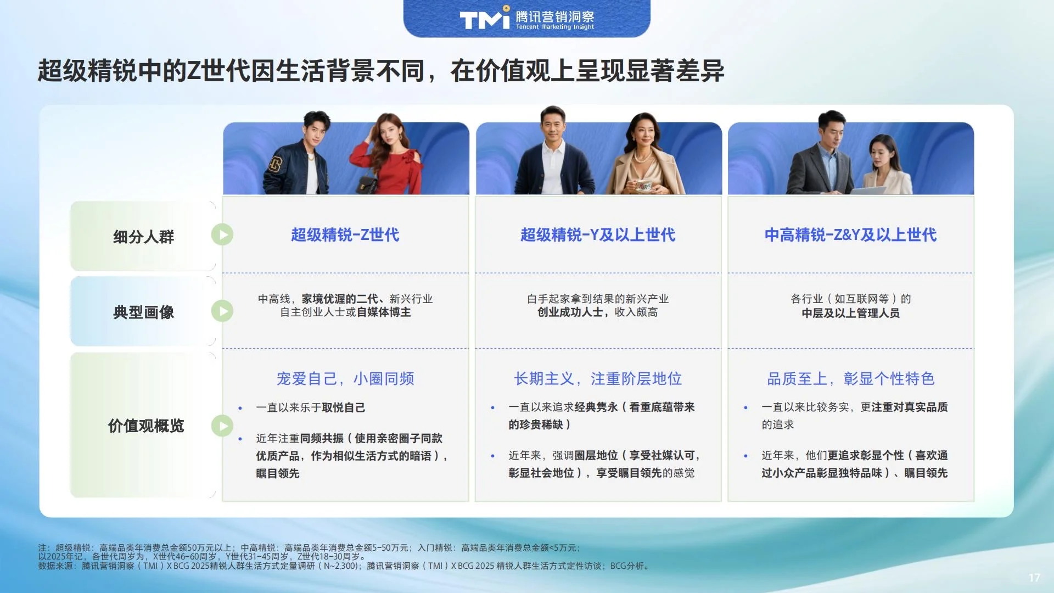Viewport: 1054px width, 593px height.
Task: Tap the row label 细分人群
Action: [143, 237]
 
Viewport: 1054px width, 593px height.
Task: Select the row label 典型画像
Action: [143, 312]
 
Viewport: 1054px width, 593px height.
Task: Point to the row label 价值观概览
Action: [146, 426]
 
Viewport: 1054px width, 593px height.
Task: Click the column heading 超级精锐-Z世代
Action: [345, 235]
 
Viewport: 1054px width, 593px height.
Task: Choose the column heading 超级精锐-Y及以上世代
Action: [598, 235]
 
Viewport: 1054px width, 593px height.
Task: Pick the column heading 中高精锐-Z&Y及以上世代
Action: [850, 235]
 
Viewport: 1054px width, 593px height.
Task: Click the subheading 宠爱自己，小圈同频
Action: [345, 379]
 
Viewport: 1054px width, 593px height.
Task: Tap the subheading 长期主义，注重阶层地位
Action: [598, 379]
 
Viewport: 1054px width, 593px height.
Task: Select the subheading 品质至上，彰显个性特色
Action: [850, 379]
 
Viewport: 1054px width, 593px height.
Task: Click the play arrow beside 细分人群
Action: [222, 235]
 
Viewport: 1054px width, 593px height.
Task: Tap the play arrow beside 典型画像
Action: [222, 311]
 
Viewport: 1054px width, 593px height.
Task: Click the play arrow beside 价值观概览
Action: [222, 426]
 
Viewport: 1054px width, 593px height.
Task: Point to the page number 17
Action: [1034, 578]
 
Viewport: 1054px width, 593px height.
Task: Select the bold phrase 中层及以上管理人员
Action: [850, 313]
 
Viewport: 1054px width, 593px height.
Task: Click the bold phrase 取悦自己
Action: [344, 407]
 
